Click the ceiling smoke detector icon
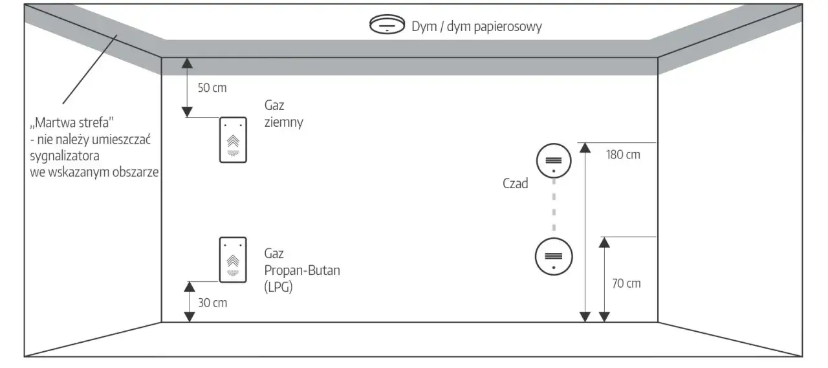(387, 26)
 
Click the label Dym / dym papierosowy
(476, 27)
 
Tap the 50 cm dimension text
(212, 88)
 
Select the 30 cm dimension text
(212, 302)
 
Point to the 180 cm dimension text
(623, 155)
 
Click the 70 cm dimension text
(626, 283)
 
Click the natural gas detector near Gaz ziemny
(233, 140)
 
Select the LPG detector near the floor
(233, 259)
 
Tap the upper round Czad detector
(553, 160)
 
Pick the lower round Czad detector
(553, 255)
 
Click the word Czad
(516, 184)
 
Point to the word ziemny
(283, 122)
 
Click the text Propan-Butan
(301, 270)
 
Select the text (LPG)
(278, 287)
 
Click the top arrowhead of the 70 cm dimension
(604, 243)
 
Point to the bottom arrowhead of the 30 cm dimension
(189, 316)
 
